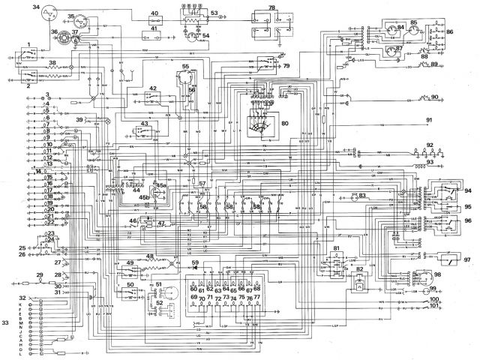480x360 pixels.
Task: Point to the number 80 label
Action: [284, 123]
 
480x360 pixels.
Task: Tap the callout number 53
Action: [214, 13]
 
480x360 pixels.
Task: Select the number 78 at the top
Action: [271, 7]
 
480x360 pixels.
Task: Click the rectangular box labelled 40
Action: [154, 14]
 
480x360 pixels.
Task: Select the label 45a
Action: [160, 184]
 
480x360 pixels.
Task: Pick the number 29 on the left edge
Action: [40, 276]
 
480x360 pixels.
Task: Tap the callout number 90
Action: [455, 97]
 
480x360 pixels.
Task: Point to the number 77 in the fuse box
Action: [257, 298]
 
